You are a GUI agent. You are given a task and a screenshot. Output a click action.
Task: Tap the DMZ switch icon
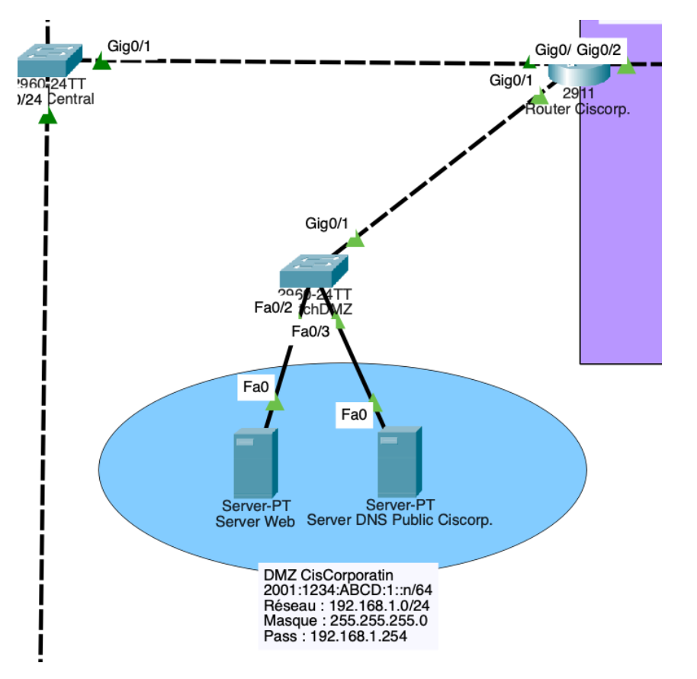click(313, 269)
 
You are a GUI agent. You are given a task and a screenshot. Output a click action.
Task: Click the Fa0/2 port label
click(273, 307)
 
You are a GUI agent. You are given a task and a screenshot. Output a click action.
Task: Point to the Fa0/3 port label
click(312, 331)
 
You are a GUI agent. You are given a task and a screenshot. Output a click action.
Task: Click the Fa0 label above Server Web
click(255, 388)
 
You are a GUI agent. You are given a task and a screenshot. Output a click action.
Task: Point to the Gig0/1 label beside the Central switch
click(129, 47)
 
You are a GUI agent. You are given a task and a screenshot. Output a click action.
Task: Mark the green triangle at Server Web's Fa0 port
click(275, 403)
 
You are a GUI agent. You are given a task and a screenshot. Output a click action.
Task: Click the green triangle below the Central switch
click(48, 116)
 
